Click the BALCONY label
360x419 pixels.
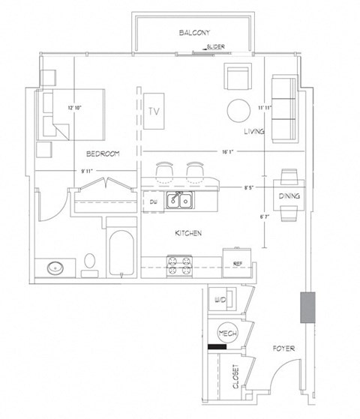point(194,33)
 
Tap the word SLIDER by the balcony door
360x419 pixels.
point(216,46)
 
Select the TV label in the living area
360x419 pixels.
point(154,111)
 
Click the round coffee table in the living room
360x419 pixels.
point(240,111)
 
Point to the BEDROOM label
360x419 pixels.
point(103,154)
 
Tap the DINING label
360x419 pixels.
point(289,196)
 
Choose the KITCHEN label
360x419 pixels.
point(187,234)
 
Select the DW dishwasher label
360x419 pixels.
point(152,202)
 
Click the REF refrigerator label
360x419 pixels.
point(237,263)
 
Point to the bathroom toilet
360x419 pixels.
point(90,262)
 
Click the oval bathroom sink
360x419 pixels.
point(54,267)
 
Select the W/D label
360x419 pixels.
point(220,301)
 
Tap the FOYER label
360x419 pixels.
point(283,349)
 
